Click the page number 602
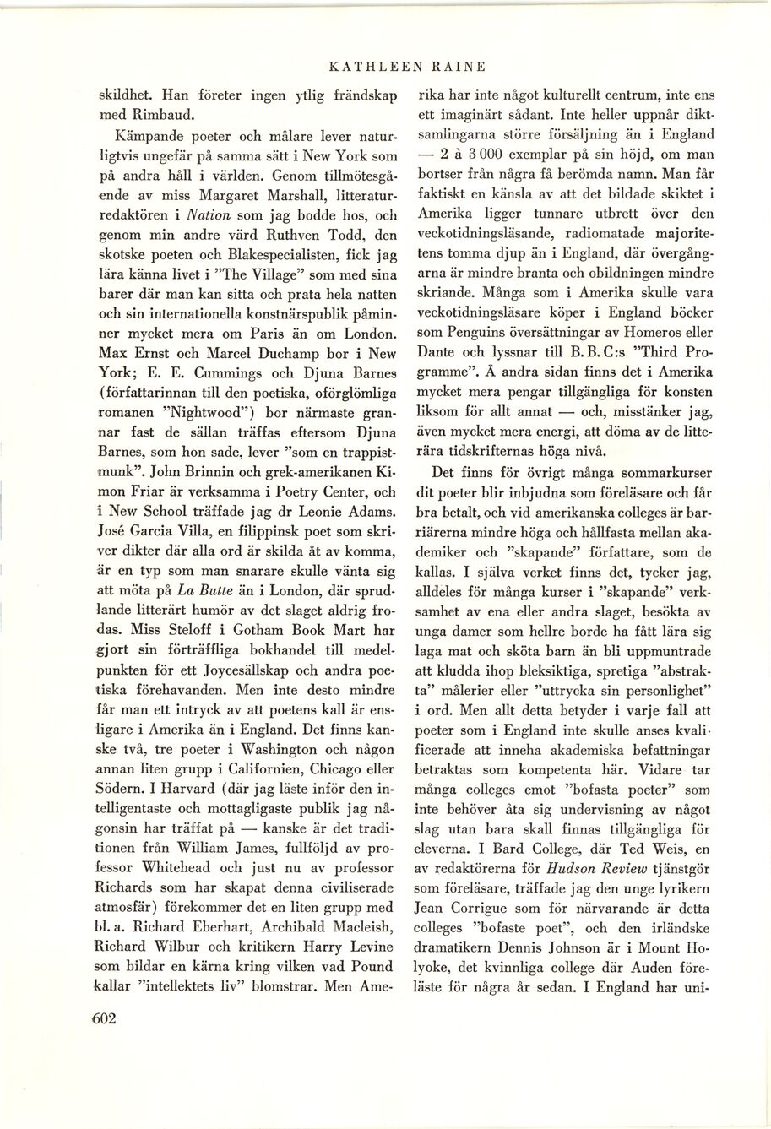[103, 1018]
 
